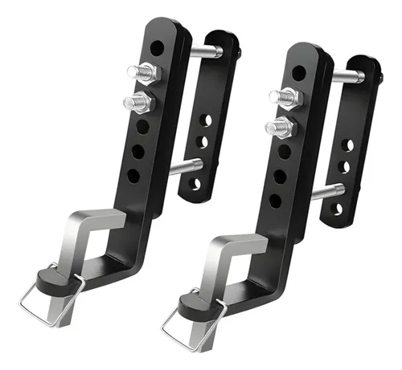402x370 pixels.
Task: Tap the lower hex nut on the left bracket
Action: [139, 102]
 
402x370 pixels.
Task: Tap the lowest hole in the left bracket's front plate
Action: [133, 174]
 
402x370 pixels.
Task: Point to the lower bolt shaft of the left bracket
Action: [187, 166]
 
